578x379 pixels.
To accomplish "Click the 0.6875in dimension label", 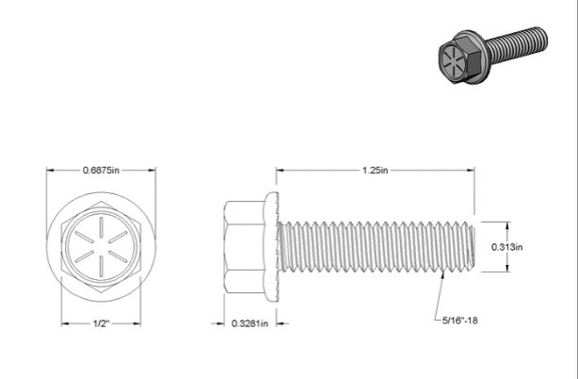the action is click(101, 170).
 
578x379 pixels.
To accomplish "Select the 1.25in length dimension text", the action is click(376, 170).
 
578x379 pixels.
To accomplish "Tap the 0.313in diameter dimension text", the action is click(506, 247).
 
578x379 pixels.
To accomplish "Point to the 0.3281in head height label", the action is click(249, 323).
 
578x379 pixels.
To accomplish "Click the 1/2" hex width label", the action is click(101, 323).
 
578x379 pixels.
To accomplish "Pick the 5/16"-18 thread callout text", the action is click(460, 321).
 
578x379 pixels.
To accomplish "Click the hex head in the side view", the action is click(244, 247).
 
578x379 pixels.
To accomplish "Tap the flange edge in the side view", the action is click(272, 247).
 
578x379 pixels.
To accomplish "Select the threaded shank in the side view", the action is click(376, 247).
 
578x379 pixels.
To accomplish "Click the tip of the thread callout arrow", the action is click(443, 272).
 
